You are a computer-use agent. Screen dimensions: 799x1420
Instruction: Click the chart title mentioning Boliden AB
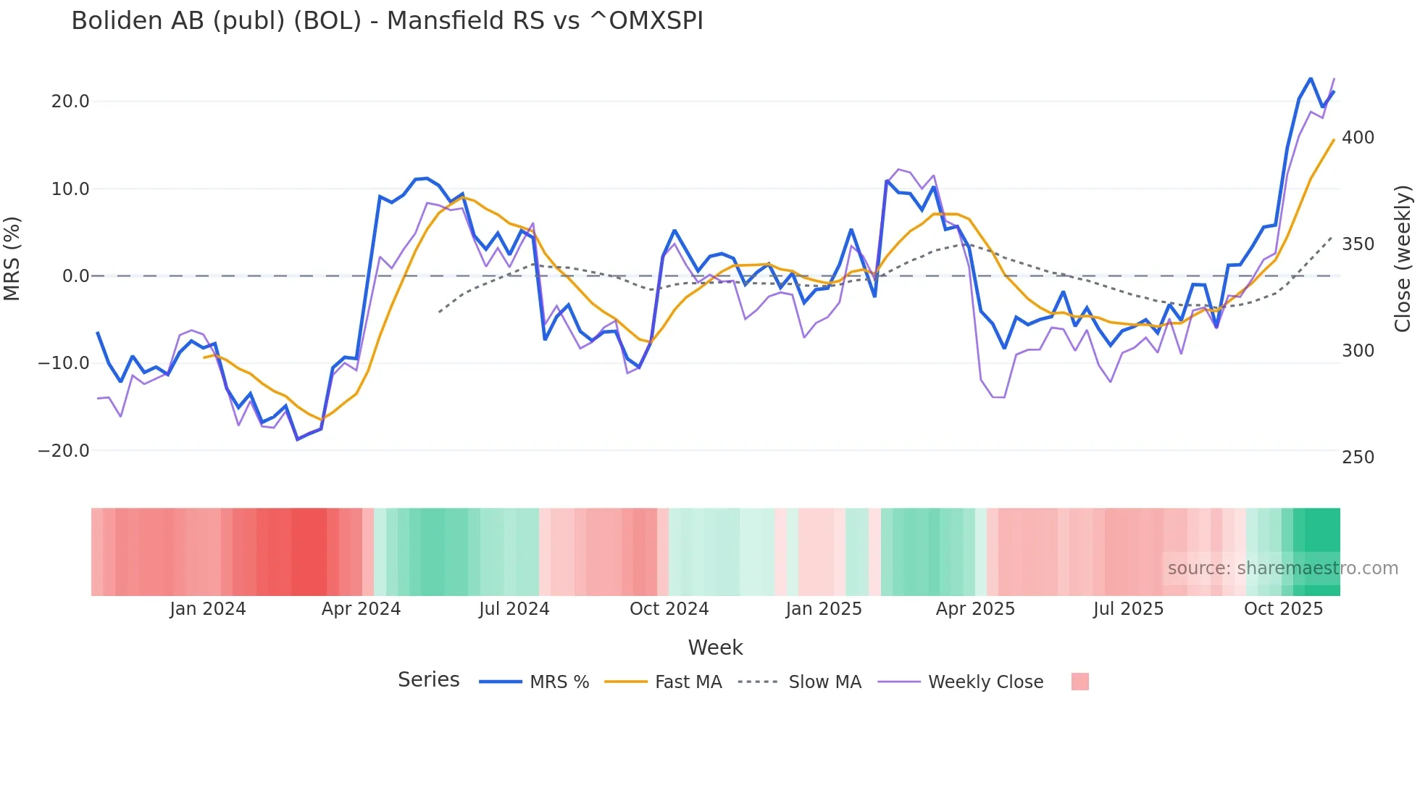click(x=387, y=21)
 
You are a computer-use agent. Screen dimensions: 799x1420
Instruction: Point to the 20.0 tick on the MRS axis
click(x=70, y=102)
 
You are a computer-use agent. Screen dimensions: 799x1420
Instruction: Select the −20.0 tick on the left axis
click(x=64, y=450)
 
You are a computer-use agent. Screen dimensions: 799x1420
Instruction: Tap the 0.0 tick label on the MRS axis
click(x=75, y=276)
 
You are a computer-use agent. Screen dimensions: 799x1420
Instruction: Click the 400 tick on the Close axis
click(x=1358, y=138)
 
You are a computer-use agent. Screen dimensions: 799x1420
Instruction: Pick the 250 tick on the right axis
click(x=1358, y=458)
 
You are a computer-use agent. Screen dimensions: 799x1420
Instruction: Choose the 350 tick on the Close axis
click(x=1358, y=244)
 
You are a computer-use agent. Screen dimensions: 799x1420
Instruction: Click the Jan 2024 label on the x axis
click(x=208, y=609)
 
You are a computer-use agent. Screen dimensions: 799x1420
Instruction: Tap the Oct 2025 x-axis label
click(x=1283, y=609)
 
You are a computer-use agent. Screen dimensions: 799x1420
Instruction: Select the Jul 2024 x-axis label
click(x=514, y=609)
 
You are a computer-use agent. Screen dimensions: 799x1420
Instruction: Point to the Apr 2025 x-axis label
click(x=975, y=609)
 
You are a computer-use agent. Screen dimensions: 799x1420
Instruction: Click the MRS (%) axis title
click(x=12, y=259)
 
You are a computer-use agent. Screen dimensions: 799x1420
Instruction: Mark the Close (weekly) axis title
click(x=1403, y=259)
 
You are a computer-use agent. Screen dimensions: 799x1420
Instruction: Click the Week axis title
click(x=715, y=647)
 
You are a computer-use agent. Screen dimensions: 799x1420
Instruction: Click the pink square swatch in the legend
click(x=1079, y=682)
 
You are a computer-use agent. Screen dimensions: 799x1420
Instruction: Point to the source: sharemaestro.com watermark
click(x=1282, y=568)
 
